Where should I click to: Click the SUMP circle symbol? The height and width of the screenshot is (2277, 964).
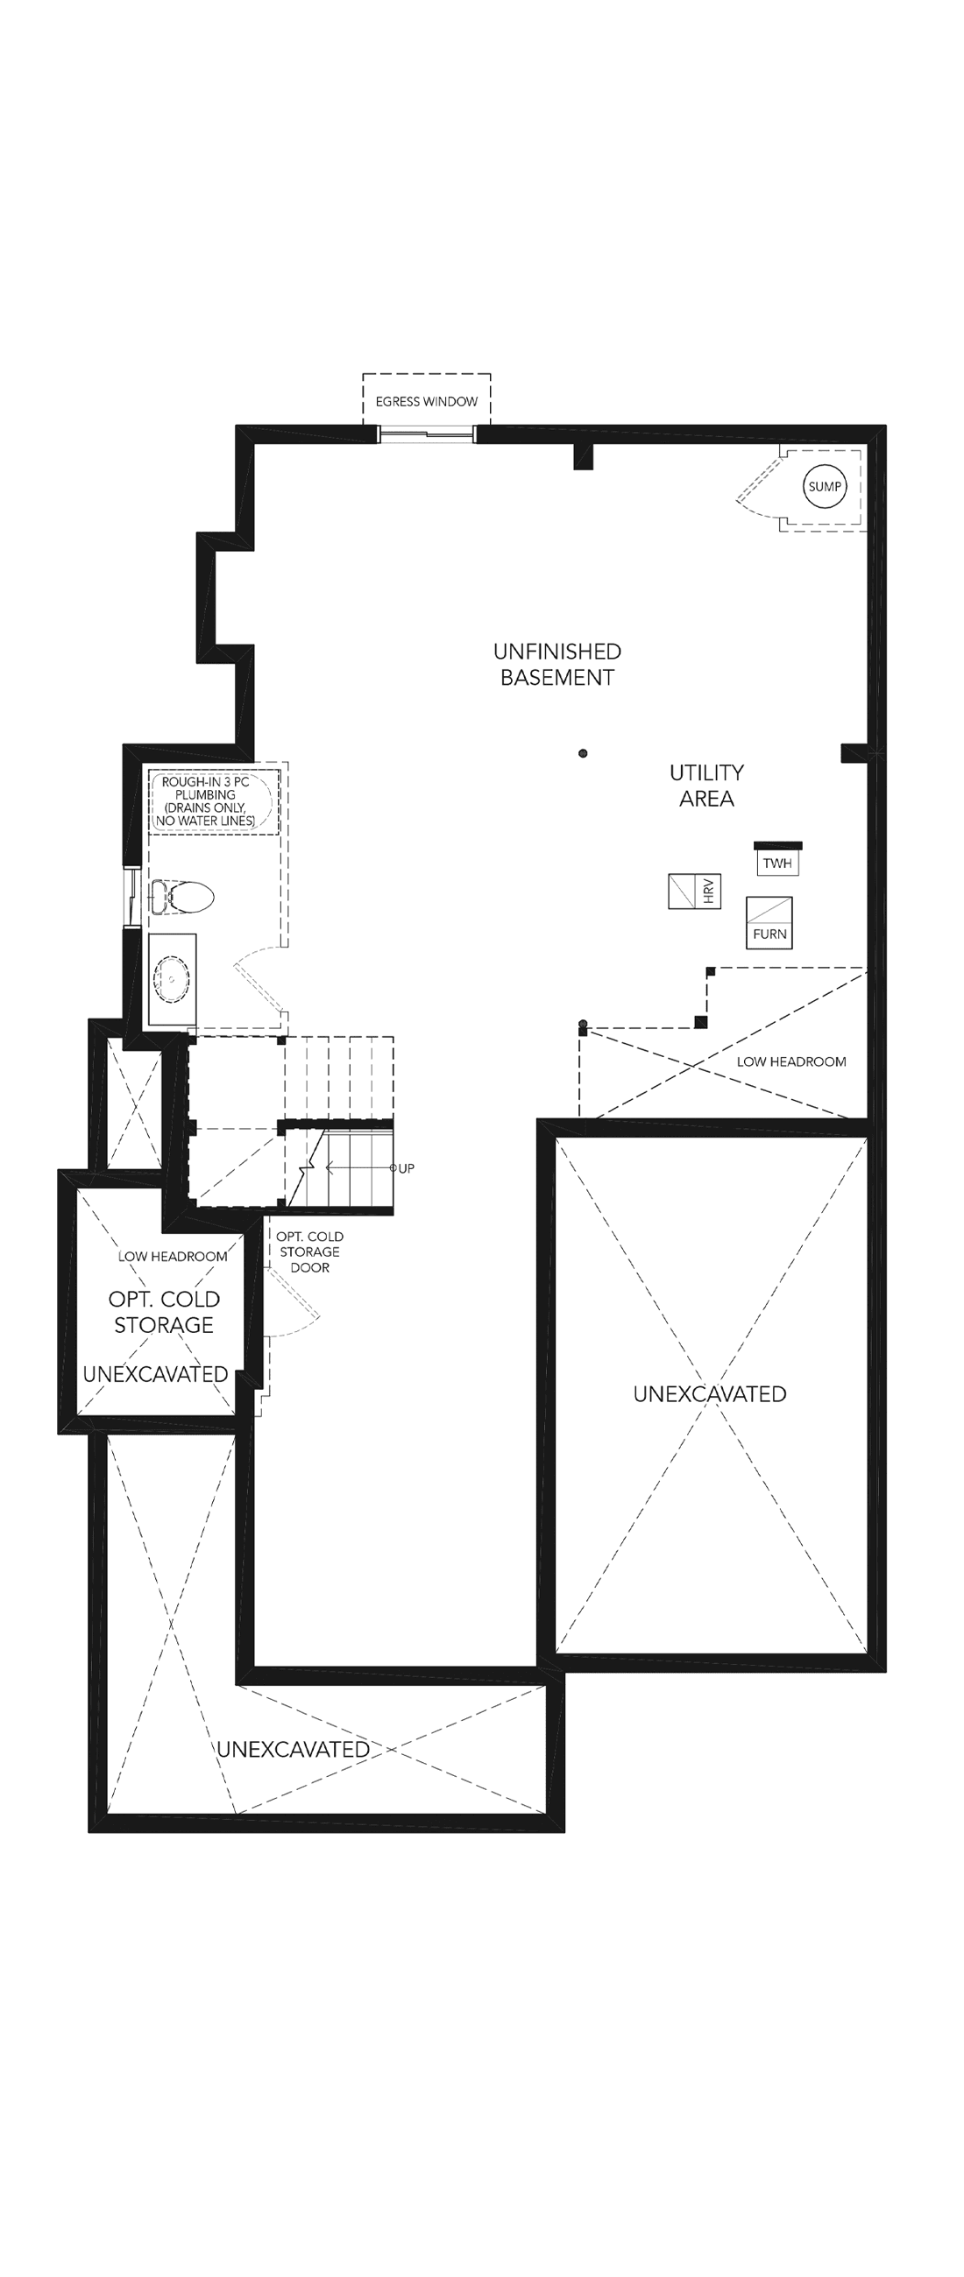pyautogui.click(x=826, y=486)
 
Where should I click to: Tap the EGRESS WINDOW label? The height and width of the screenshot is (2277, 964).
pyautogui.click(x=426, y=401)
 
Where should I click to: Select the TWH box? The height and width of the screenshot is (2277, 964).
pyautogui.click(x=777, y=863)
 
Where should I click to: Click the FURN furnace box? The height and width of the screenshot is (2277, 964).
pyautogui.click(x=769, y=923)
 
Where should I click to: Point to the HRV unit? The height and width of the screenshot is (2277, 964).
pyautogui.click(x=694, y=891)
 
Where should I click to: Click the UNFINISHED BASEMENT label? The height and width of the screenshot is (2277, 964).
pyautogui.click(x=557, y=665)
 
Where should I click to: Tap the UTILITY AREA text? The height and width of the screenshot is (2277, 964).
pyautogui.click(x=706, y=786)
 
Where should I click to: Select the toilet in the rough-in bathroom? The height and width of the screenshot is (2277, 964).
pyautogui.click(x=182, y=897)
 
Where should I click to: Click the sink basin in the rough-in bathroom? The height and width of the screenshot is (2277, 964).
pyautogui.click(x=172, y=978)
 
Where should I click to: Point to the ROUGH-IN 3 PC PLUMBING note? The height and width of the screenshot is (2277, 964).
pyautogui.click(x=205, y=801)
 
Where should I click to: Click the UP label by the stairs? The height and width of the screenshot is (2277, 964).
pyautogui.click(x=406, y=1168)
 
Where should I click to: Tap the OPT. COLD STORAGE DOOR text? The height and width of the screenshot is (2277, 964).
pyautogui.click(x=309, y=1251)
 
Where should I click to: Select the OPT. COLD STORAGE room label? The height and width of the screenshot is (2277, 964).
pyautogui.click(x=165, y=1312)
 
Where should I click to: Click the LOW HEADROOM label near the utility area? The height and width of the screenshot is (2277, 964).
pyautogui.click(x=791, y=1061)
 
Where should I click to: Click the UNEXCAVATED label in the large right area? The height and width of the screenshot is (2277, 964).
pyautogui.click(x=709, y=1394)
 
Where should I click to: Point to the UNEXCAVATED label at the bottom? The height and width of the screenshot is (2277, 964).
pyautogui.click(x=293, y=1749)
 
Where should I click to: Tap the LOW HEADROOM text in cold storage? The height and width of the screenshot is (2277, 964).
pyautogui.click(x=173, y=1256)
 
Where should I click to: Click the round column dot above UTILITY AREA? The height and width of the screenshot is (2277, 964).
pyautogui.click(x=583, y=754)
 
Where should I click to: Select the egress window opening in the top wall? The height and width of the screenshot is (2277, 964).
pyautogui.click(x=427, y=434)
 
